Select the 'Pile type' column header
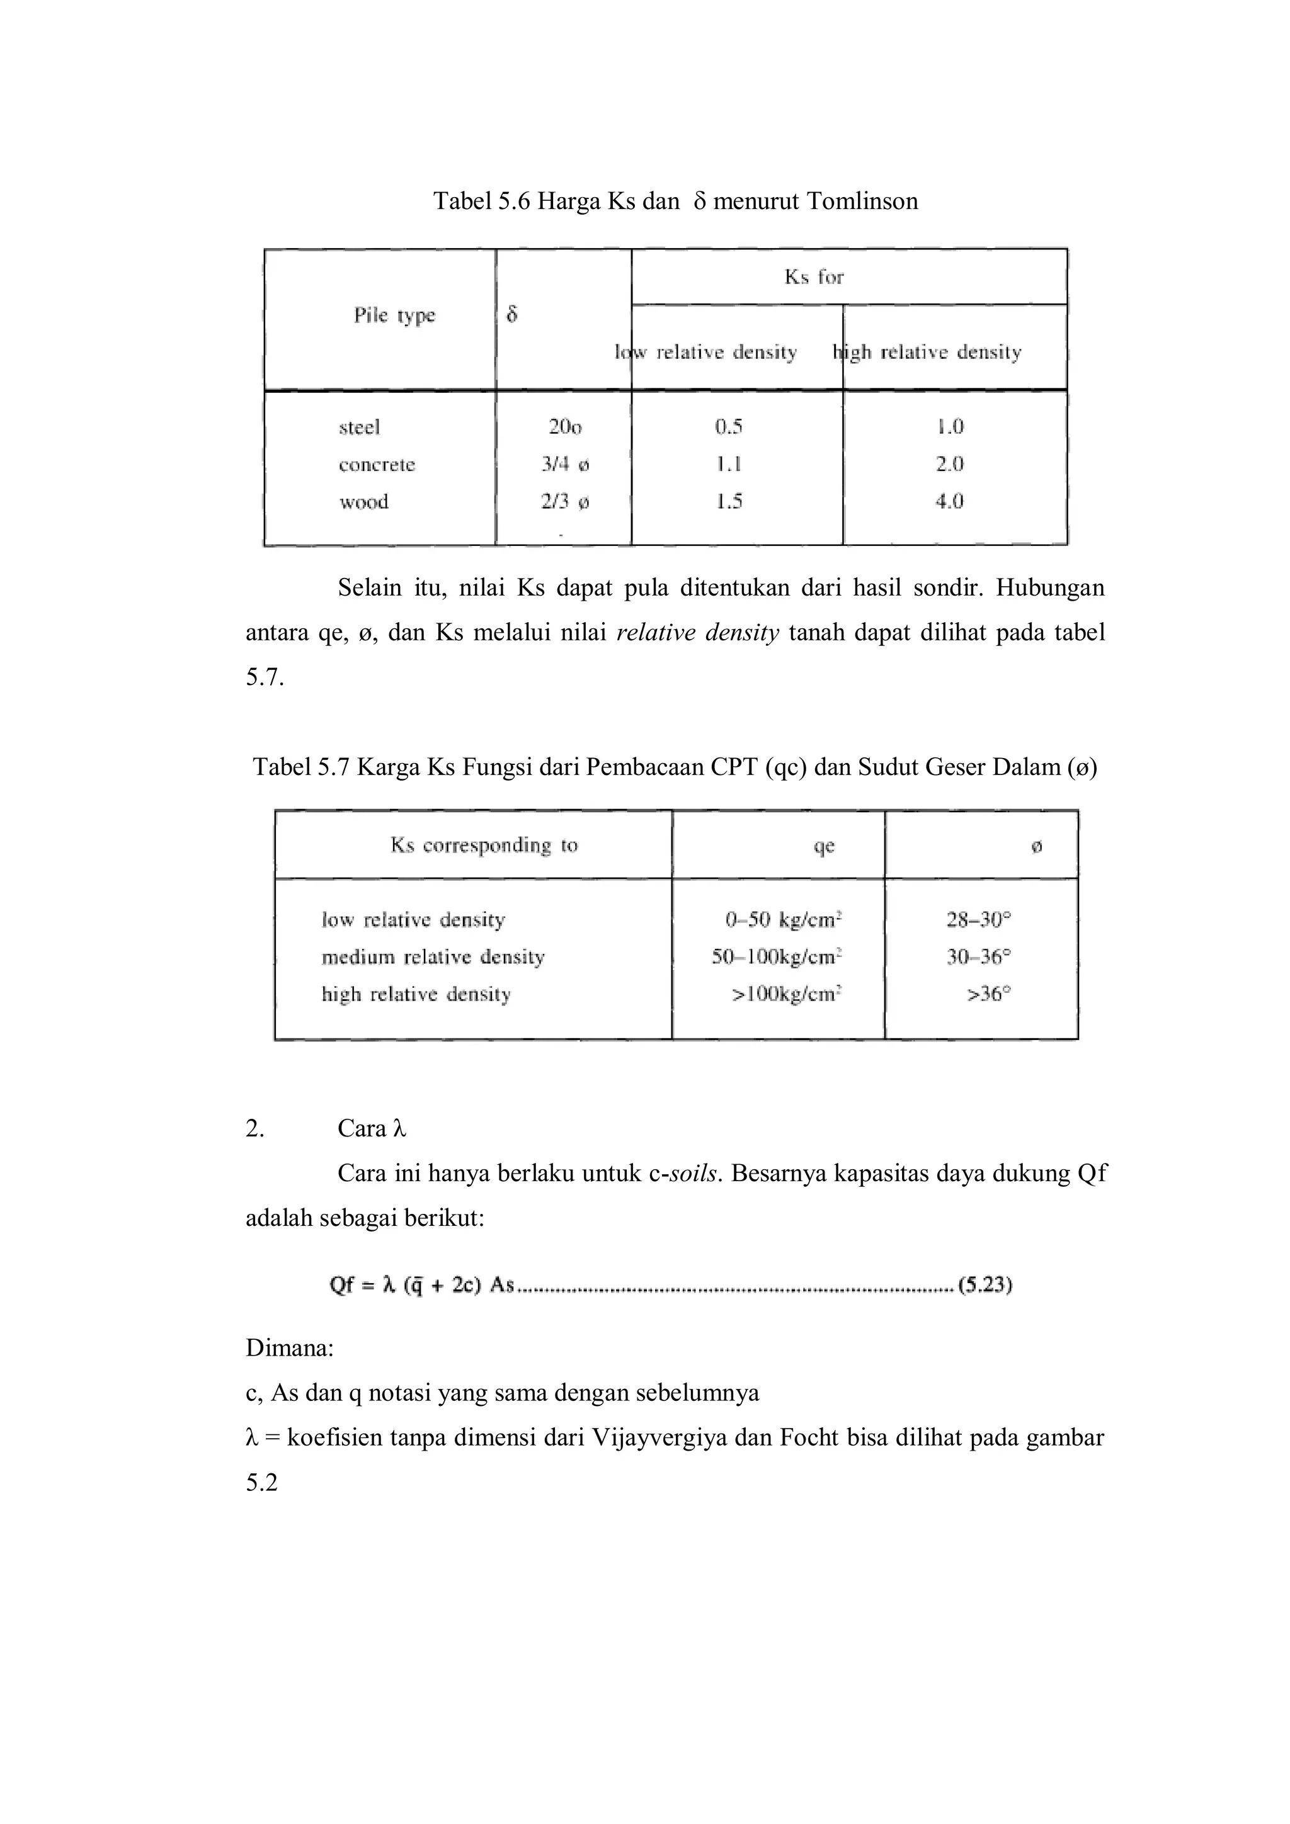[x=394, y=315]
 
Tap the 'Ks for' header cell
[x=813, y=276]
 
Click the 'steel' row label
[x=359, y=428]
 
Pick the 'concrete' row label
[x=377, y=465]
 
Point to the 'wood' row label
[x=363, y=502]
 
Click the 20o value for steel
[x=564, y=428]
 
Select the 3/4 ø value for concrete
[x=565, y=465]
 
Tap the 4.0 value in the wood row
[x=949, y=501]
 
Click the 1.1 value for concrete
[x=728, y=464]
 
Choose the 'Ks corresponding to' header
[x=483, y=846]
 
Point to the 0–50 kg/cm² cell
[x=783, y=920]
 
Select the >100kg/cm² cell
[x=786, y=995]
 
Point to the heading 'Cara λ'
[x=371, y=1129]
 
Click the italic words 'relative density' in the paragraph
[x=697, y=633]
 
